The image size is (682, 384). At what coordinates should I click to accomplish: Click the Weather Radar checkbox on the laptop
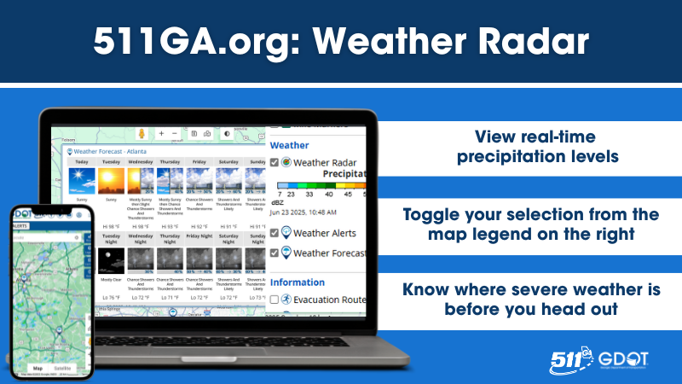click(274, 162)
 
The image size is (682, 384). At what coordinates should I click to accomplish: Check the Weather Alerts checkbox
click(274, 232)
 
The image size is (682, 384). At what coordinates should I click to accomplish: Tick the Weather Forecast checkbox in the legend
click(274, 253)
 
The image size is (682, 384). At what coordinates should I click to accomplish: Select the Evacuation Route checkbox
click(274, 300)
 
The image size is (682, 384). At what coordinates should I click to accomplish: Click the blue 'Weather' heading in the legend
click(289, 146)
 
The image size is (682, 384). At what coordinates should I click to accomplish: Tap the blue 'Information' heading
click(298, 282)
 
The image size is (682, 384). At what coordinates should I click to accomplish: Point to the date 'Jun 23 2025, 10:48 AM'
click(303, 212)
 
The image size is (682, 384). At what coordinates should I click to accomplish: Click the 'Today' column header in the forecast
click(81, 161)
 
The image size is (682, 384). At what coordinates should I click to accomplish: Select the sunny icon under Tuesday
click(111, 181)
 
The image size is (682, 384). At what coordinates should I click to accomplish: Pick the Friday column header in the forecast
click(199, 161)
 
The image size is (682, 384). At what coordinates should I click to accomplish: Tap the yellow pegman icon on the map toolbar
click(142, 134)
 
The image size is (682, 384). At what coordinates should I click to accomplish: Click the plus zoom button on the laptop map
click(161, 134)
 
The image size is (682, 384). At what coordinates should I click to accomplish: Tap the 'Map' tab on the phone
click(37, 368)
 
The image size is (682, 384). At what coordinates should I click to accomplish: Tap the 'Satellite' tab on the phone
click(62, 368)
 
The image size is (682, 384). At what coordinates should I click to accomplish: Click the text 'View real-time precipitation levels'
click(523, 146)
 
